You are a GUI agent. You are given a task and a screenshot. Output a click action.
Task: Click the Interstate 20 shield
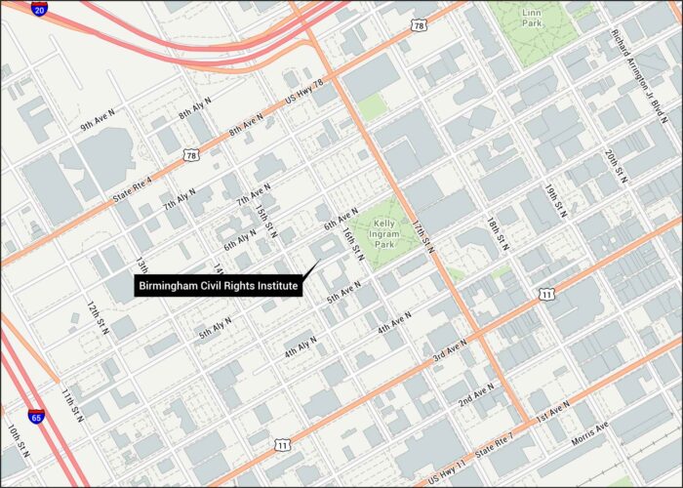pyautogui.click(x=39, y=9)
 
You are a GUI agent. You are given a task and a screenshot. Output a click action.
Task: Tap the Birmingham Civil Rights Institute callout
pyautogui.click(x=218, y=285)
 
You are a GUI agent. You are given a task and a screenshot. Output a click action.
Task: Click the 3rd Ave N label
pyautogui.click(x=451, y=350)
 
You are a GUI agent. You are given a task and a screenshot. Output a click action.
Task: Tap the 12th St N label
pyautogui.click(x=98, y=318)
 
